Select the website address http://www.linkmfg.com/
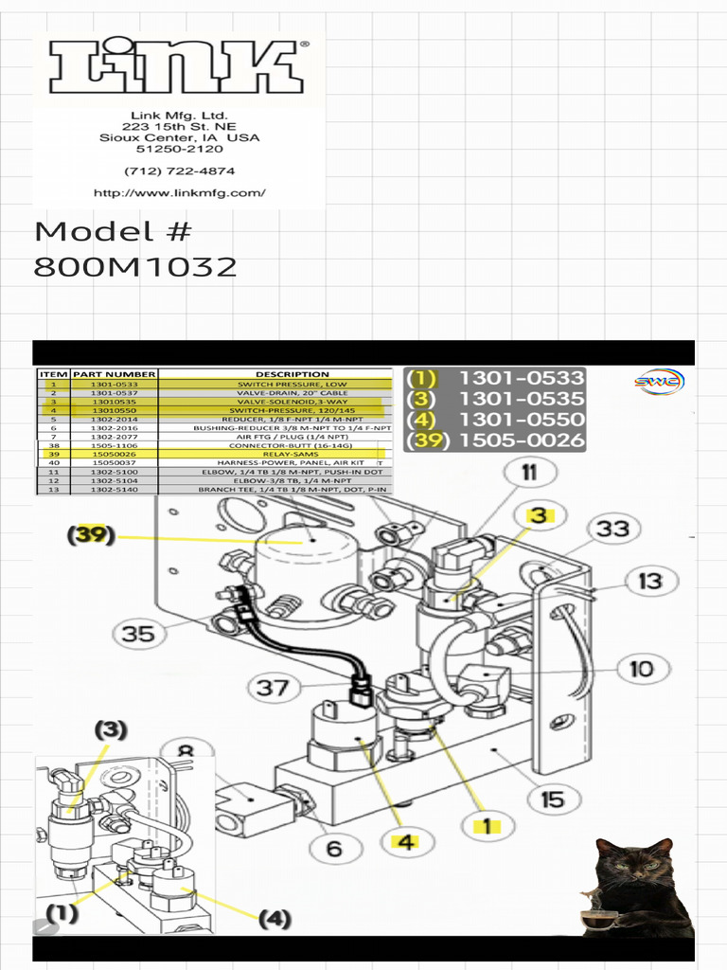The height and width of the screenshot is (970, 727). [179, 193]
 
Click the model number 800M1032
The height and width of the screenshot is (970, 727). [134, 267]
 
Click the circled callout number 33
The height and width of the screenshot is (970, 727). [612, 528]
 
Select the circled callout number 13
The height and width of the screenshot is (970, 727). [648, 579]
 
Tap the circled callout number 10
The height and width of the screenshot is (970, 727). [641, 669]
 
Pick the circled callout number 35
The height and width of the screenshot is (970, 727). [138, 633]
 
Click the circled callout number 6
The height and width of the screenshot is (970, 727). [334, 848]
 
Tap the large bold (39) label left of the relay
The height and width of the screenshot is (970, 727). [91, 535]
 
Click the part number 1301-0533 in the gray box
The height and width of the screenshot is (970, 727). [522, 378]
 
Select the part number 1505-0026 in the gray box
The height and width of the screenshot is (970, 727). [522, 440]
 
